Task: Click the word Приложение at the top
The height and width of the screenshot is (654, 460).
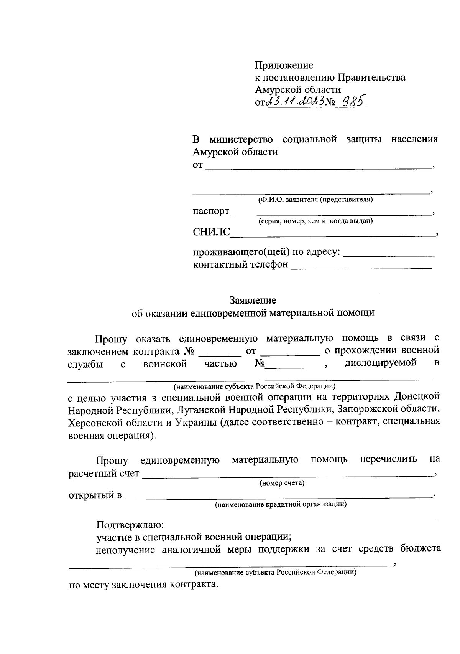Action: click(284, 65)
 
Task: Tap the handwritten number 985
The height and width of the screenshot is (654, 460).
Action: click(354, 101)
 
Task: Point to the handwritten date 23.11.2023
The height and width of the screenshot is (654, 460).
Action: click(294, 101)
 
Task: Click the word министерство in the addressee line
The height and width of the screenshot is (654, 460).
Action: click(241, 139)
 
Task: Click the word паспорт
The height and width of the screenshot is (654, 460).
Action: click(211, 211)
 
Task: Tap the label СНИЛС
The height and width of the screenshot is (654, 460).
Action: click(212, 232)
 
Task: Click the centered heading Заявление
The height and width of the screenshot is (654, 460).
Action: click(253, 300)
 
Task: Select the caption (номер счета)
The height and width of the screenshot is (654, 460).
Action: click(282, 483)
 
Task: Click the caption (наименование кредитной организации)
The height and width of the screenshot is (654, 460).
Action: click(281, 504)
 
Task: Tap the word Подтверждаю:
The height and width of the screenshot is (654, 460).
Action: click(130, 524)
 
